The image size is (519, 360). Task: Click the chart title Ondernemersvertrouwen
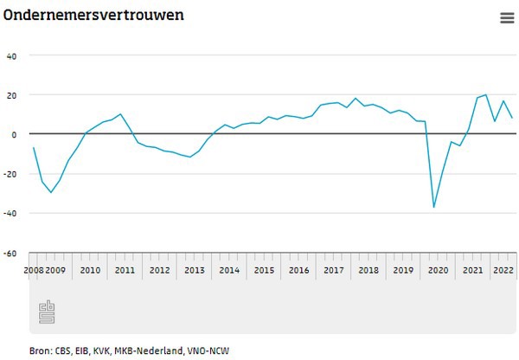click(x=93, y=16)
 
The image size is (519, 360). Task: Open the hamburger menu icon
click(x=507, y=18)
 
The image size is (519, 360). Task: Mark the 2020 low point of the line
click(x=433, y=207)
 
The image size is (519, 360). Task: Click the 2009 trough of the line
click(x=51, y=192)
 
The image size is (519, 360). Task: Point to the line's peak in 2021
click(x=486, y=95)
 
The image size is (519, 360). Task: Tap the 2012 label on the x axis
click(x=159, y=270)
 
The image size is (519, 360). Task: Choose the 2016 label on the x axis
click(x=298, y=270)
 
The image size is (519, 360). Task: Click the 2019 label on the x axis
click(x=403, y=270)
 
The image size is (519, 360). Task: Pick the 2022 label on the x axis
click(x=503, y=270)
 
